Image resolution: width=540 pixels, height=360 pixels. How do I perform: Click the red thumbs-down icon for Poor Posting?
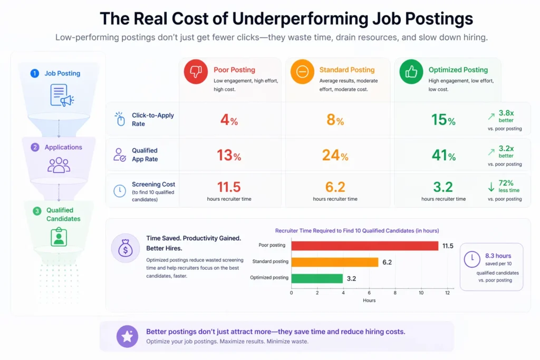click(196, 72)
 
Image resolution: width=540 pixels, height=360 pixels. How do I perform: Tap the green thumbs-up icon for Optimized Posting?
click(411, 72)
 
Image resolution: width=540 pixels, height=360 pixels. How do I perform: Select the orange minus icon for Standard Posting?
click(302, 72)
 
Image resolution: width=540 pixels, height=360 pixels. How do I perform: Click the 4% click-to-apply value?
click(229, 120)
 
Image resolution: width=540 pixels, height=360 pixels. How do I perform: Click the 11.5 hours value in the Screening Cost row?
click(229, 187)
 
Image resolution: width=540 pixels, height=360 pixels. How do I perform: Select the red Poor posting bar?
click(364, 246)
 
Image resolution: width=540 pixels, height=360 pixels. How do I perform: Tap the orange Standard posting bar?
click(334, 262)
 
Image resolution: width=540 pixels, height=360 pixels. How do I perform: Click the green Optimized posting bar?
click(317, 278)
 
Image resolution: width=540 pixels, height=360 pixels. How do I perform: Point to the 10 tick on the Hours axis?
click(421, 292)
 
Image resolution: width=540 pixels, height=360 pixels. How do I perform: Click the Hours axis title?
click(369, 300)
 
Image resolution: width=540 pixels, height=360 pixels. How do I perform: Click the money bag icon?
click(126, 248)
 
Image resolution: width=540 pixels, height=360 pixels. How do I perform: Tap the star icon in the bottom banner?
click(127, 336)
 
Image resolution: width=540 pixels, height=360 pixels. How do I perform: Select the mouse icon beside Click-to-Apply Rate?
click(120, 120)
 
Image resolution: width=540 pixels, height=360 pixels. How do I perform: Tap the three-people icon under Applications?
click(58, 165)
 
